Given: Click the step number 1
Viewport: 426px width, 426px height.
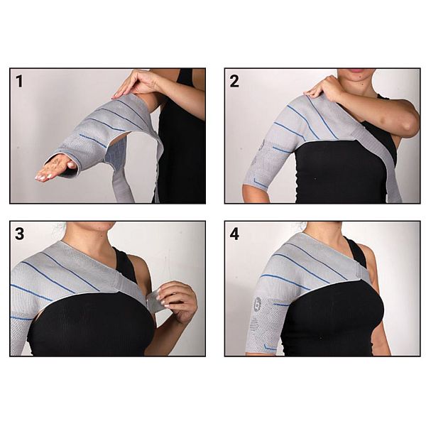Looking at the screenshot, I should (19, 81).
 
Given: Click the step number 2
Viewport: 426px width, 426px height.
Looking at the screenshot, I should (234, 81).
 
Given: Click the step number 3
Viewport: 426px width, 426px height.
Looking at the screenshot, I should (19, 234).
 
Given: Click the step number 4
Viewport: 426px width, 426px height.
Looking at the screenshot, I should (234, 234).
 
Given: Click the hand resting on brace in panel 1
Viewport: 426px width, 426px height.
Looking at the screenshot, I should (135, 83).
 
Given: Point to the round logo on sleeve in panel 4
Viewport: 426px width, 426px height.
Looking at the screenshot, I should (257, 304).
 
